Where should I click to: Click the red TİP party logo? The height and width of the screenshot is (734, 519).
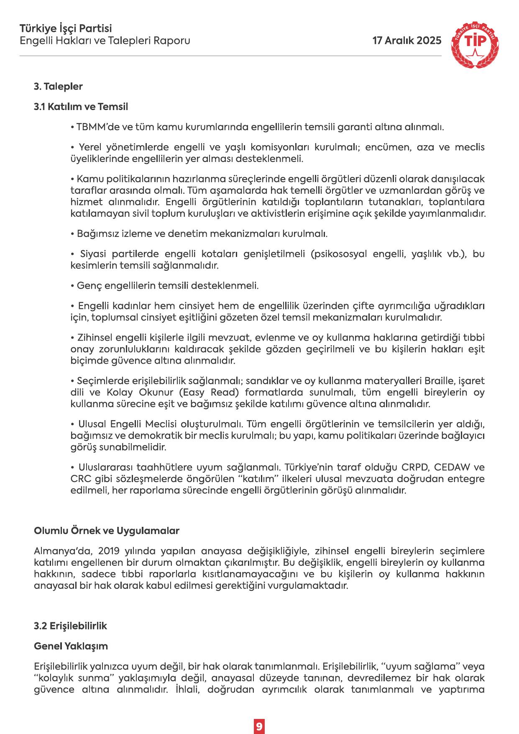tap(475, 45)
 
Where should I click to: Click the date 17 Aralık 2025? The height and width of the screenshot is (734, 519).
tap(407, 41)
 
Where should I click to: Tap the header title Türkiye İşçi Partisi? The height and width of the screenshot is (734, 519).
tap(66, 28)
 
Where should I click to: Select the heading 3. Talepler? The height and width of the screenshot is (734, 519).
tap(58, 87)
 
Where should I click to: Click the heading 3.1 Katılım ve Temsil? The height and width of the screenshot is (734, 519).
tap(81, 107)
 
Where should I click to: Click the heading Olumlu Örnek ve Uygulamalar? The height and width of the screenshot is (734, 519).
tap(106, 531)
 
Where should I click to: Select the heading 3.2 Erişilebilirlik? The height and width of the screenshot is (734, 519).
tap(70, 626)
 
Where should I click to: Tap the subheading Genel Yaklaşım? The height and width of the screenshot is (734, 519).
tap(71, 646)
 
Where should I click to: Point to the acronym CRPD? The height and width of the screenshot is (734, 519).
tap(415, 467)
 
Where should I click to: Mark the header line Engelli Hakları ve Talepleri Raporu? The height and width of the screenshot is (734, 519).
tap(105, 41)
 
